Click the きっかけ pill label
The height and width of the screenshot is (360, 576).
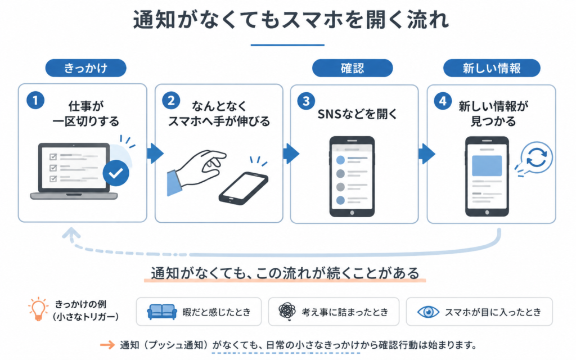85,68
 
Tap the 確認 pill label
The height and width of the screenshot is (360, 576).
352,68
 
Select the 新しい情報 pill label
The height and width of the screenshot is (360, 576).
492,68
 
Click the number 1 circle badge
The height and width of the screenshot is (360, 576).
35,100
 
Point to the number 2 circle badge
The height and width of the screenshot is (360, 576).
171,101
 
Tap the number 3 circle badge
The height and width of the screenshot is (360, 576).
306,101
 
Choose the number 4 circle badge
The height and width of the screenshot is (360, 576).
443,101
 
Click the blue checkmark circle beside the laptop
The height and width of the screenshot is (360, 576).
116,173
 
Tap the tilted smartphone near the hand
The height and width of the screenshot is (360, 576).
243,188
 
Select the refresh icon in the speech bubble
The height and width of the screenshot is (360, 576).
536,157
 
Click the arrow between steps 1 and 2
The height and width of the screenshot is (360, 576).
155,154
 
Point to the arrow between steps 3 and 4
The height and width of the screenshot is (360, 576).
426,154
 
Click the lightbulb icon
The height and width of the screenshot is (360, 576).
38,309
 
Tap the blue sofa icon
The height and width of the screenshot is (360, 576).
162,312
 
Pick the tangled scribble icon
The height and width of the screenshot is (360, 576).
287,312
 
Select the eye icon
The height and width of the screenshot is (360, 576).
428,312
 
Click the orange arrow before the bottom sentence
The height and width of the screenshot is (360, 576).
107,345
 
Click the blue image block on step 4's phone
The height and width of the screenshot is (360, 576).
487,165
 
